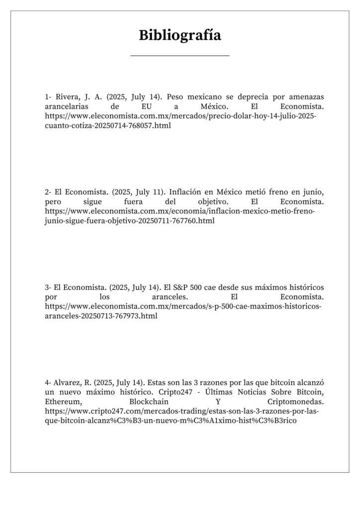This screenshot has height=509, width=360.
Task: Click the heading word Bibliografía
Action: [x=180, y=35]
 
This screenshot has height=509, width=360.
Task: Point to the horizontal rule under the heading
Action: [x=180, y=56]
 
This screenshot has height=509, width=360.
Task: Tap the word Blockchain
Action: [x=148, y=401]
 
